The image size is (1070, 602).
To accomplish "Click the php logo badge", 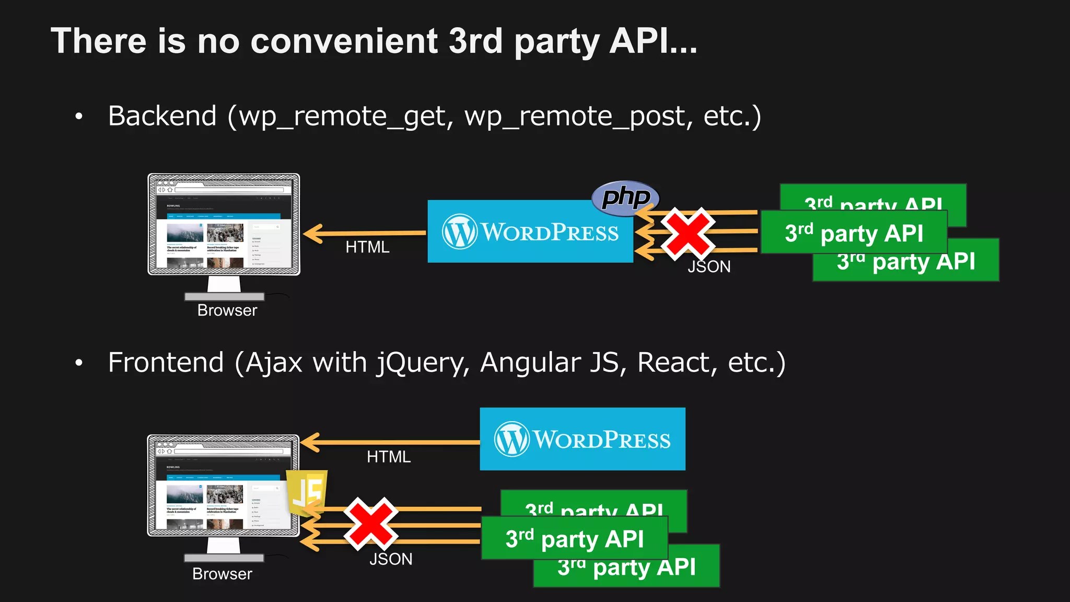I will pyautogui.click(x=625, y=198).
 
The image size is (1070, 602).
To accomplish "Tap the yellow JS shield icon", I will pyautogui.click(x=307, y=492).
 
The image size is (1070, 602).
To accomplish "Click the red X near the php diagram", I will pyautogui.click(x=687, y=234).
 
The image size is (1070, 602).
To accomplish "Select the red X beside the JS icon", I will pyautogui.click(x=370, y=524).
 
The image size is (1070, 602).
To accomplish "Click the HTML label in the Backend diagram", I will pyautogui.click(x=367, y=247).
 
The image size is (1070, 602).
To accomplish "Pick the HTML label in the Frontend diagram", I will pyautogui.click(x=389, y=457).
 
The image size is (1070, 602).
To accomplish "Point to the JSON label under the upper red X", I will pyautogui.click(x=709, y=267).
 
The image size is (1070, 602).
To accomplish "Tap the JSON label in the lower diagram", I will pyautogui.click(x=391, y=559).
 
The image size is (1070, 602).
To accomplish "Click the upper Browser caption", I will pyautogui.click(x=227, y=310).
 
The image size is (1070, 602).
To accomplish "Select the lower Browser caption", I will pyautogui.click(x=222, y=574).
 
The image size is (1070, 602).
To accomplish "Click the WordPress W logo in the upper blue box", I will pyautogui.click(x=459, y=231).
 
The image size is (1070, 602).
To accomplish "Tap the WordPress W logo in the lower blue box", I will pyautogui.click(x=511, y=439).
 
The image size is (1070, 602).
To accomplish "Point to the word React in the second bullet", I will pyautogui.click(x=677, y=363).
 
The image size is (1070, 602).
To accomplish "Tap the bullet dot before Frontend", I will pyautogui.click(x=79, y=363).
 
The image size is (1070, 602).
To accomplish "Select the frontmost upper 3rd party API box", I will pyautogui.click(x=854, y=233).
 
